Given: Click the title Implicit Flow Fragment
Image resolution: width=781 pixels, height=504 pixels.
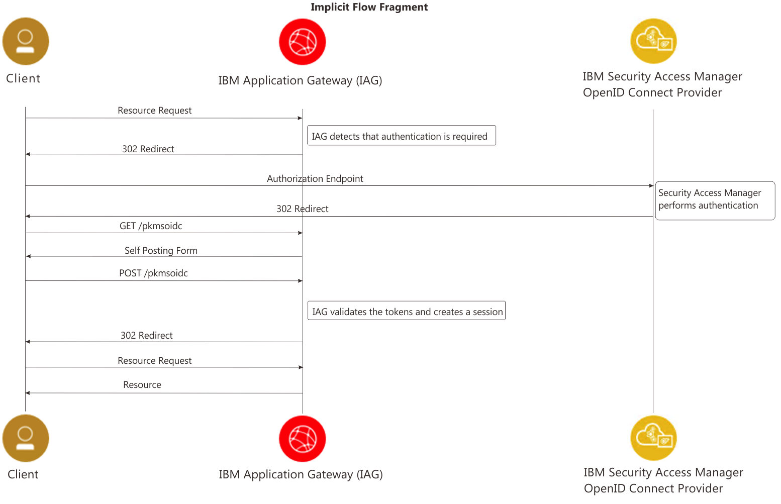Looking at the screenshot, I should (x=369, y=7).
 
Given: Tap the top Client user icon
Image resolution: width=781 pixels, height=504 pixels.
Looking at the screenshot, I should (x=26, y=41).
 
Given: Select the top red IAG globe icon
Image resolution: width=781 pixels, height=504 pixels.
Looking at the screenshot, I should (x=302, y=42).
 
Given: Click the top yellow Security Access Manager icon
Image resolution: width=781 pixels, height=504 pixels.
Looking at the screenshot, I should (x=653, y=41).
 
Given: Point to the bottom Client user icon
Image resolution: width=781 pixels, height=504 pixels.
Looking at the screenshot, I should (x=26, y=438).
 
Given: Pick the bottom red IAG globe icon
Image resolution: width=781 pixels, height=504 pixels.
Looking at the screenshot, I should (x=302, y=438).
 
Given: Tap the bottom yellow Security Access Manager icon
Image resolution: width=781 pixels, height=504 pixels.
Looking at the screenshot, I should (x=653, y=438).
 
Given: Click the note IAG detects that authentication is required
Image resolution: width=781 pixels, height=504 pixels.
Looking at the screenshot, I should (x=401, y=136).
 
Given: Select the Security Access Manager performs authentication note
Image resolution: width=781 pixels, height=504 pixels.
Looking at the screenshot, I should (x=714, y=200).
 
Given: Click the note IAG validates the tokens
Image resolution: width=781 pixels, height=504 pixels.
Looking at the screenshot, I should (x=406, y=311).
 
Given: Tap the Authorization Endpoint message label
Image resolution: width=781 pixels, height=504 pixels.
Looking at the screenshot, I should (x=315, y=179).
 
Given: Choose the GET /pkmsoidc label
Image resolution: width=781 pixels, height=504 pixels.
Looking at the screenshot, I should (x=151, y=226).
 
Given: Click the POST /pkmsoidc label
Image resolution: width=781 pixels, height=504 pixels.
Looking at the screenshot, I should (x=153, y=273).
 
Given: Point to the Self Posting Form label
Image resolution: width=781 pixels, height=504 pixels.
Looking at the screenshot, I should (x=161, y=251).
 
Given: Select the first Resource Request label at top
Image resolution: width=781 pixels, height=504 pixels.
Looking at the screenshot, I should (x=154, y=111).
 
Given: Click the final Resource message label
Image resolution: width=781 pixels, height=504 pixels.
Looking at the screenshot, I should (x=142, y=385).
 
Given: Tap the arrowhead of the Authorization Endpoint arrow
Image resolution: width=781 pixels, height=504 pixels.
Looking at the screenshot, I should (x=651, y=186).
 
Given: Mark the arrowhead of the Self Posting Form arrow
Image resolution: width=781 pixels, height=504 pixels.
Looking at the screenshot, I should (x=29, y=256).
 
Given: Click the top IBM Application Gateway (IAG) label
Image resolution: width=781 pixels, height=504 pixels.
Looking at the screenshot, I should (x=300, y=80).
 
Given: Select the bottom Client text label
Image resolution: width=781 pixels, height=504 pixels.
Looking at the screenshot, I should (x=23, y=474).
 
